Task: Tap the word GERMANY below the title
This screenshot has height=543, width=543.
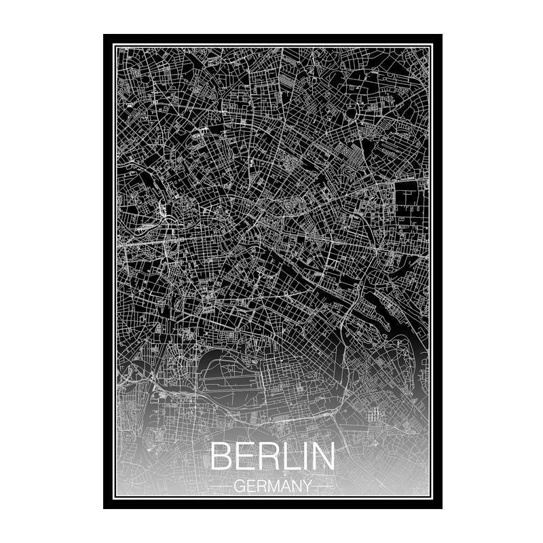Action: pos(272,486)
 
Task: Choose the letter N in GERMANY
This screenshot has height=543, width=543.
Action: pos(294,486)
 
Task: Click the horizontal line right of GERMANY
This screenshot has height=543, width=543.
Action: pos(323,487)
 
